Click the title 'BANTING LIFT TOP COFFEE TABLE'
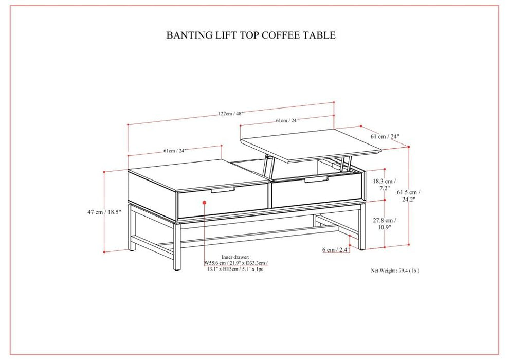(x=251, y=35)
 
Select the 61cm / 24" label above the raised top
(x=286, y=121)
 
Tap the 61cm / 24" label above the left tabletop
(x=174, y=151)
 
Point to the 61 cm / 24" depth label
(x=385, y=137)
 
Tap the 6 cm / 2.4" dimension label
(x=336, y=250)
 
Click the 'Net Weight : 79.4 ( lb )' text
(x=395, y=270)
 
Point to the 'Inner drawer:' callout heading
(x=235, y=257)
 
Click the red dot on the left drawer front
(x=205, y=203)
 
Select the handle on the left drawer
(x=223, y=190)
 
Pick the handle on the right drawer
(x=316, y=180)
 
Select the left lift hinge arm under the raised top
(x=268, y=166)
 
